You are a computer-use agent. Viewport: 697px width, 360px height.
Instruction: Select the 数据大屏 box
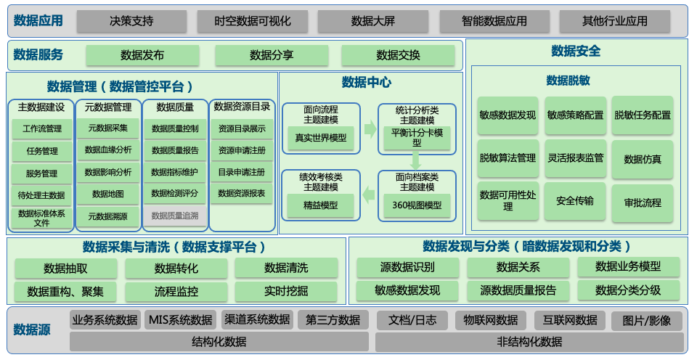372,21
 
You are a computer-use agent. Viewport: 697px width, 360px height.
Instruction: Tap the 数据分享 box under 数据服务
272,55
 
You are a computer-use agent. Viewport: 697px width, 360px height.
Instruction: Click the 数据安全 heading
576,51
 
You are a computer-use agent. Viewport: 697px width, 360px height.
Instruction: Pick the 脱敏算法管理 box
508,158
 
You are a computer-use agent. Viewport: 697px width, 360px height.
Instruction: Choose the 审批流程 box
643,202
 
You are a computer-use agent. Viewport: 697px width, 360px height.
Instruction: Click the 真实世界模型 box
320,137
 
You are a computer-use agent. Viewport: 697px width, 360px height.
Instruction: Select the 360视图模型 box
416,205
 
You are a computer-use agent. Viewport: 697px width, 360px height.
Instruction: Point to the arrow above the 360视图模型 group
416,160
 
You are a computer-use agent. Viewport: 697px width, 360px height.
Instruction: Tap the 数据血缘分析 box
108,150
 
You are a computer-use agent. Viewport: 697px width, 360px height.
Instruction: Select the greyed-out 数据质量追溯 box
175,216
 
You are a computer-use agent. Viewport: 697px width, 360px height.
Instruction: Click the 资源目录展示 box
242,128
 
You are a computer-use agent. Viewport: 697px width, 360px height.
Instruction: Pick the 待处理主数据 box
41,195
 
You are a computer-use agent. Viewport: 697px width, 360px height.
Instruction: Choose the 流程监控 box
176,292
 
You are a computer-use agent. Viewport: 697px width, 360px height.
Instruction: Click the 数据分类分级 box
628,290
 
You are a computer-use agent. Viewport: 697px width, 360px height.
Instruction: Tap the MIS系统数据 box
181,320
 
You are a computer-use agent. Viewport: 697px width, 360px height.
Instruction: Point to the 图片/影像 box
647,320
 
